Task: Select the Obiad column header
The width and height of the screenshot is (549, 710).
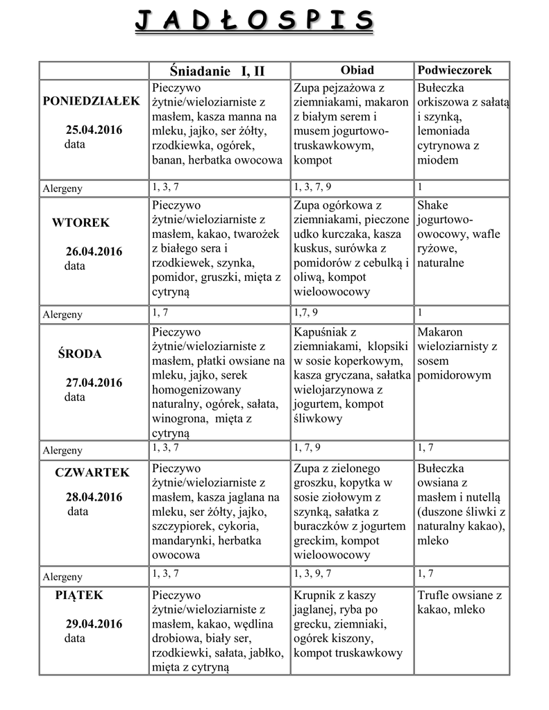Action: point(357,70)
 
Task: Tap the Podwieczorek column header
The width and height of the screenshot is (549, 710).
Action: point(455,70)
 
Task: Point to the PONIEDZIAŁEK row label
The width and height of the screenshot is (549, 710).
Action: point(91,101)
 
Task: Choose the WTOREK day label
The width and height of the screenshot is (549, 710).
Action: point(81,223)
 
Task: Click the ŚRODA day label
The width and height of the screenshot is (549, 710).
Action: point(79,354)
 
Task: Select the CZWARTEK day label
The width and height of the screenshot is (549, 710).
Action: point(92,472)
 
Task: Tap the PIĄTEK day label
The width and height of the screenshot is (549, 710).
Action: point(79,594)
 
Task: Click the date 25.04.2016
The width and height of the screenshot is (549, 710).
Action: point(94,130)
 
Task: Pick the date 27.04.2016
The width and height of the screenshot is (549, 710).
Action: point(94,383)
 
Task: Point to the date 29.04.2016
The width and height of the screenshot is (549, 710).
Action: point(94,624)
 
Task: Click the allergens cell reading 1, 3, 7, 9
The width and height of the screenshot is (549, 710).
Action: point(312,187)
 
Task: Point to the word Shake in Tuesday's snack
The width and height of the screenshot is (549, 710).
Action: point(432,205)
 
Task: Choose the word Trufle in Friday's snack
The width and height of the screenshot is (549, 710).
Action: point(434,596)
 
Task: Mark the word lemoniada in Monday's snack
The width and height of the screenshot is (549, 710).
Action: point(445,131)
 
